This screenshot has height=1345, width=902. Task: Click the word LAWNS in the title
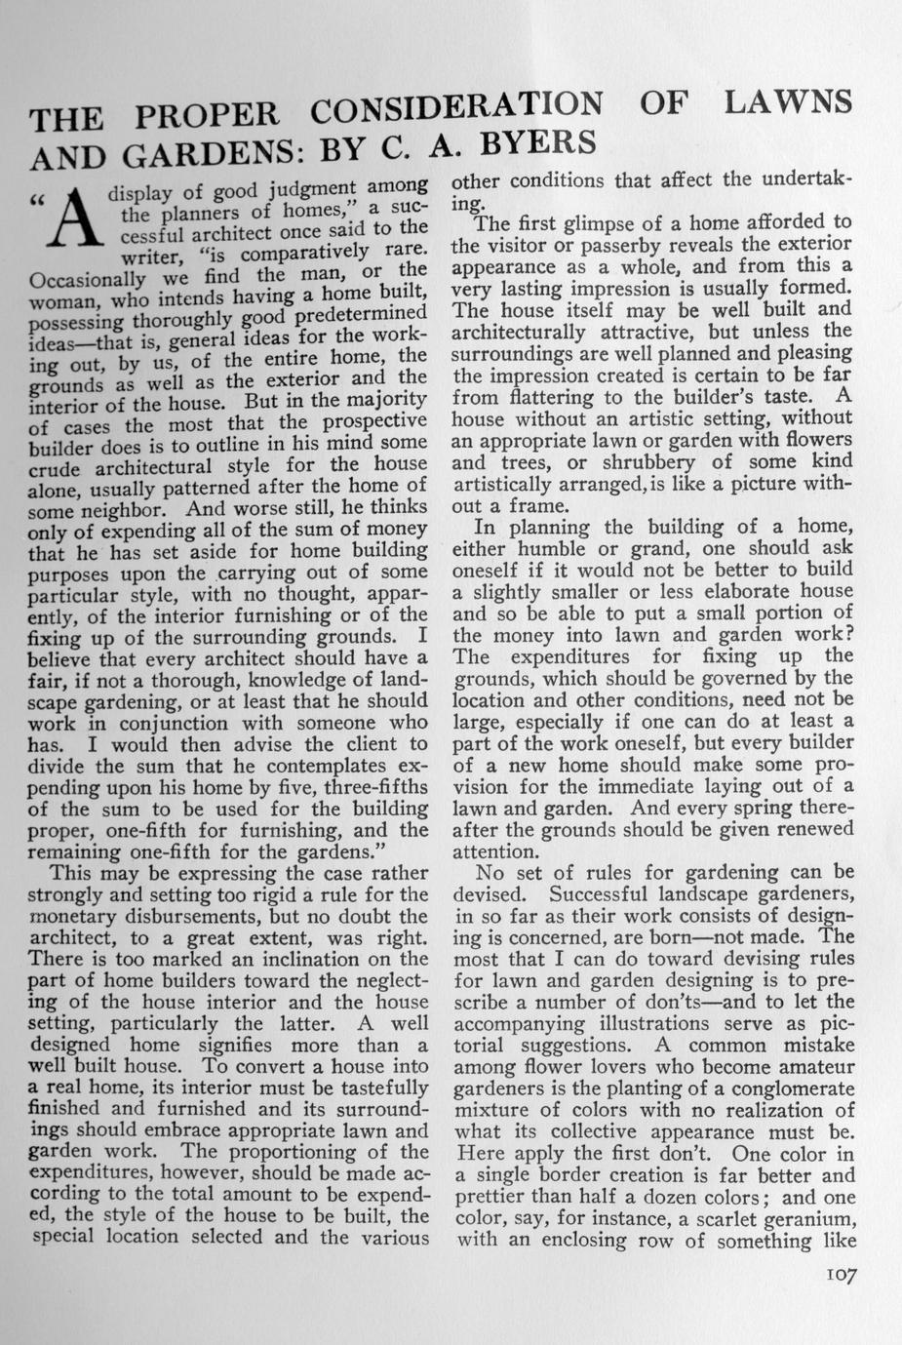click(x=789, y=101)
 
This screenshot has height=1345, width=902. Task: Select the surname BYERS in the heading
click(x=537, y=144)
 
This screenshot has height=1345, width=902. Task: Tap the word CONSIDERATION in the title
click(x=456, y=106)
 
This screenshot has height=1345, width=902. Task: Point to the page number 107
click(x=840, y=1276)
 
